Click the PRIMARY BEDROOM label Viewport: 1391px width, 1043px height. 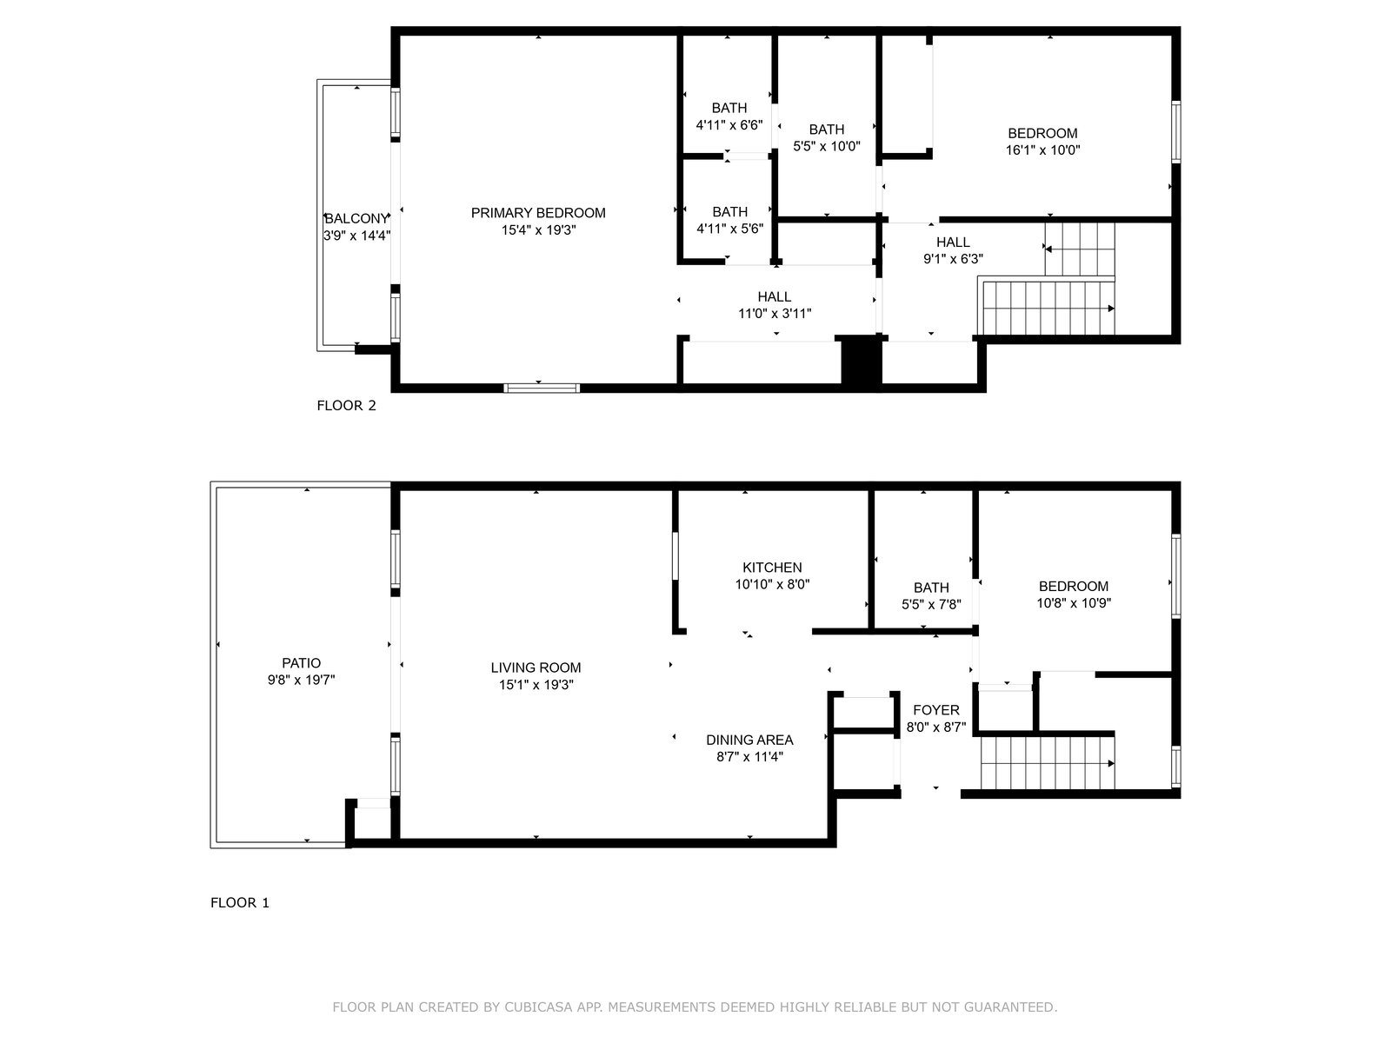pyautogui.click(x=537, y=213)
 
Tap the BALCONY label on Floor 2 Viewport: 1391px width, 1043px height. pyautogui.click(x=356, y=218)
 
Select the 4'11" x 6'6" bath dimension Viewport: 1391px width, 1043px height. pyautogui.click(x=729, y=125)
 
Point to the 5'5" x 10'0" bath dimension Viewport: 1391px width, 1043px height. pyautogui.click(x=827, y=146)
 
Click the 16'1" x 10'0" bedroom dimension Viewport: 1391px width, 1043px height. pyautogui.click(x=1042, y=150)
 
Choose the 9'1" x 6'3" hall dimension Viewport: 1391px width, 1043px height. pyautogui.click(x=953, y=258)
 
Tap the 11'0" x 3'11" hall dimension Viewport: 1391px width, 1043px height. pyautogui.click(x=775, y=314)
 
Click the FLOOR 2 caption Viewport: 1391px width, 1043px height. pyautogui.click(x=346, y=405)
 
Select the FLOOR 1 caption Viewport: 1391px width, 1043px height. pyautogui.click(x=240, y=902)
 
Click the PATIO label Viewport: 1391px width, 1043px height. pyautogui.click(x=301, y=663)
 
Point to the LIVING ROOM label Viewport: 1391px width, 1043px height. pyautogui.click(x=536, y=668)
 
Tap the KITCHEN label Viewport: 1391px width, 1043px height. pyautogui.click(x=772, y=568)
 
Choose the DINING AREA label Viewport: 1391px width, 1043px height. pyautogui.click(x=749, y=740)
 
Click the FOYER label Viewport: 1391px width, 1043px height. pyautogui.click(x=936, y=710)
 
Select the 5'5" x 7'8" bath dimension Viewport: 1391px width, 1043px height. pyautogui.click(x=931, y=605)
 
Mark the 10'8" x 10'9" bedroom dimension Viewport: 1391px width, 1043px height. pyautogui.click(x=1074, y=603)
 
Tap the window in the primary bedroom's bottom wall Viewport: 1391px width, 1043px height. pyautogui.click(x=542, y=389)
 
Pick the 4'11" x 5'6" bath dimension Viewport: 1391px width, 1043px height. pyautogui.click(x=729, y=229)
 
